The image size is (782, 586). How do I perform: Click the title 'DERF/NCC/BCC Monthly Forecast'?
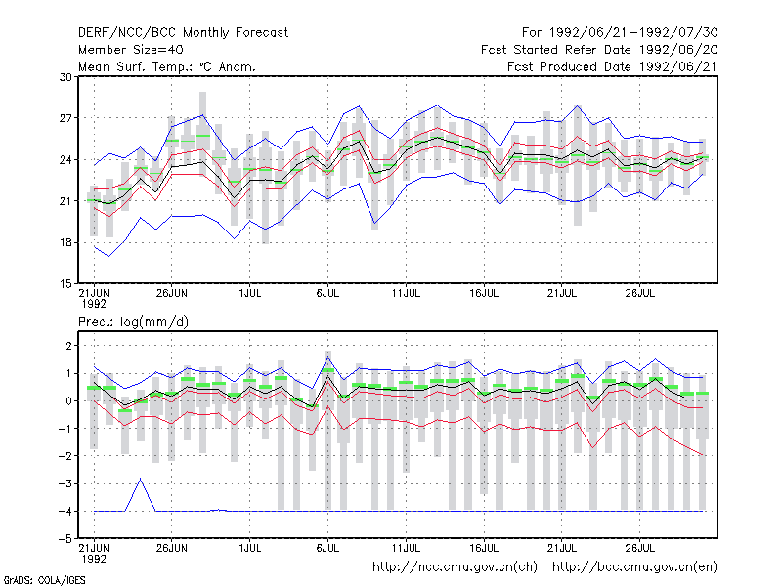[183, 33]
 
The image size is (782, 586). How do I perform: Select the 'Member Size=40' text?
[131, 50]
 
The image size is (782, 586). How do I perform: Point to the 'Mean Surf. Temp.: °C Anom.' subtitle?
[167, 66]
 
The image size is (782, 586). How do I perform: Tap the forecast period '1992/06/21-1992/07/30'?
[633, 33]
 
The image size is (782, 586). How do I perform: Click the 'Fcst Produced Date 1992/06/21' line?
[613, 66]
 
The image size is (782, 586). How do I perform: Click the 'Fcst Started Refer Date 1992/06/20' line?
[599, 50]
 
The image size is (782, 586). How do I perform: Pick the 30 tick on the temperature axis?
[65, 77]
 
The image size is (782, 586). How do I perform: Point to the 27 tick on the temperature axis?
[65, 118]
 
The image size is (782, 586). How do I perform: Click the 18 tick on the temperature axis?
[65, 242]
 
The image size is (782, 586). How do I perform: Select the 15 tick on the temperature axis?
[65, 284]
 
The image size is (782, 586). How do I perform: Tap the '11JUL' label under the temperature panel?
[406, 294]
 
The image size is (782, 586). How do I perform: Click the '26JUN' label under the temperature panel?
[172, 294]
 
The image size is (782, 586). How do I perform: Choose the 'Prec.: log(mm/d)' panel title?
[133, 322]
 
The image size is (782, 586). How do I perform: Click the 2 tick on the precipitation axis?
[68, 346]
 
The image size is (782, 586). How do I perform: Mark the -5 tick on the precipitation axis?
[65, 539]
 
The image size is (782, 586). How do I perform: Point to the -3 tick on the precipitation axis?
[65, 483]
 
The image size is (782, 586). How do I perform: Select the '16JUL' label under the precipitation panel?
[484, 549]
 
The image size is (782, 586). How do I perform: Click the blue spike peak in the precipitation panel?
[140, 479]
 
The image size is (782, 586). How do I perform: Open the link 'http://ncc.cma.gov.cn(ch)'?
[455, 567]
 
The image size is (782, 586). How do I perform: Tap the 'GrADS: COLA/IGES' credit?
[44, 580]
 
